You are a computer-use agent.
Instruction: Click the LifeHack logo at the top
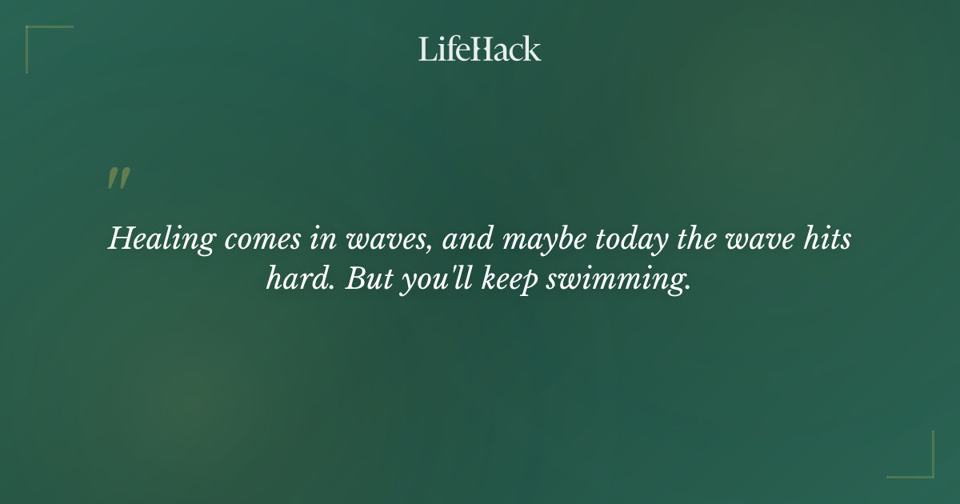pyautogui.click(x=480, y=49)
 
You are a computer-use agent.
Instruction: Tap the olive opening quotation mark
pyautogui.click(x=118, y=178)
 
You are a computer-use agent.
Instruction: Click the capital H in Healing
pyautogui.click(x=119, y=240)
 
